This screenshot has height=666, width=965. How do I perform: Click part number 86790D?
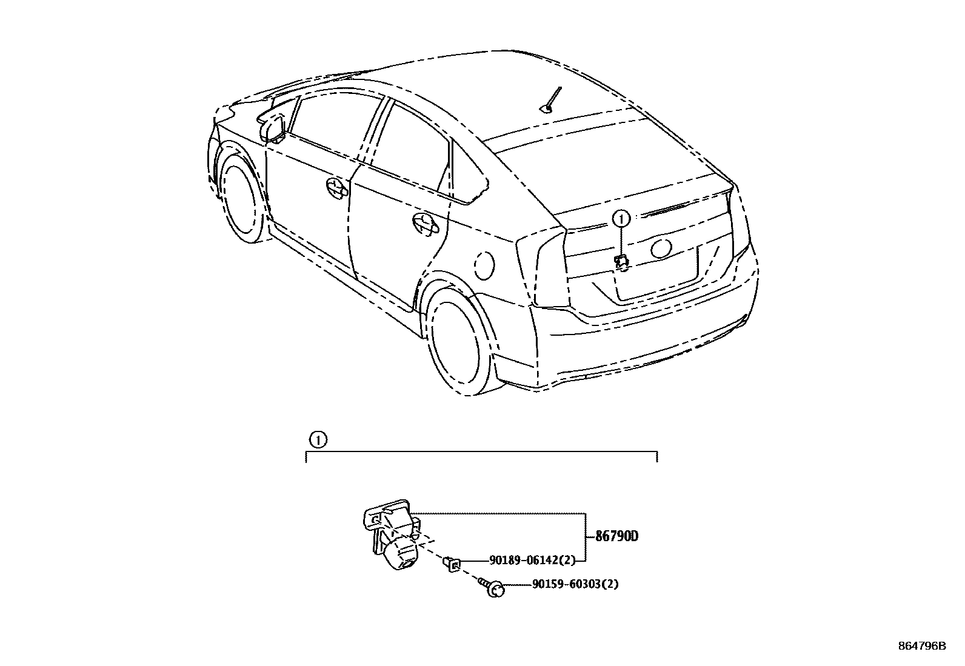[x=617, y=536]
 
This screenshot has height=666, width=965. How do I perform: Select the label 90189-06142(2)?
[x=532, y=561]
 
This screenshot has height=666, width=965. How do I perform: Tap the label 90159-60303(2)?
[x=575, y=584]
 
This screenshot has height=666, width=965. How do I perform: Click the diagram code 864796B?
[x=921, y=646]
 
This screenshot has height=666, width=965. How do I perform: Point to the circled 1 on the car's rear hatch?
[x=622, y=218]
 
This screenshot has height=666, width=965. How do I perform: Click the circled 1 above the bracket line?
[x=318, y=439]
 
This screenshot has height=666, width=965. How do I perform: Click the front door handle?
[x=335, y=187]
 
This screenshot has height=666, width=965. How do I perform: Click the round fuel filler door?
[x=483, y=265]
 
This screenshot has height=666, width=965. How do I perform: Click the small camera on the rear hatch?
[x=621, y=262]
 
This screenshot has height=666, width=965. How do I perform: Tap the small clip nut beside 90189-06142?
[x=451, y=564]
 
